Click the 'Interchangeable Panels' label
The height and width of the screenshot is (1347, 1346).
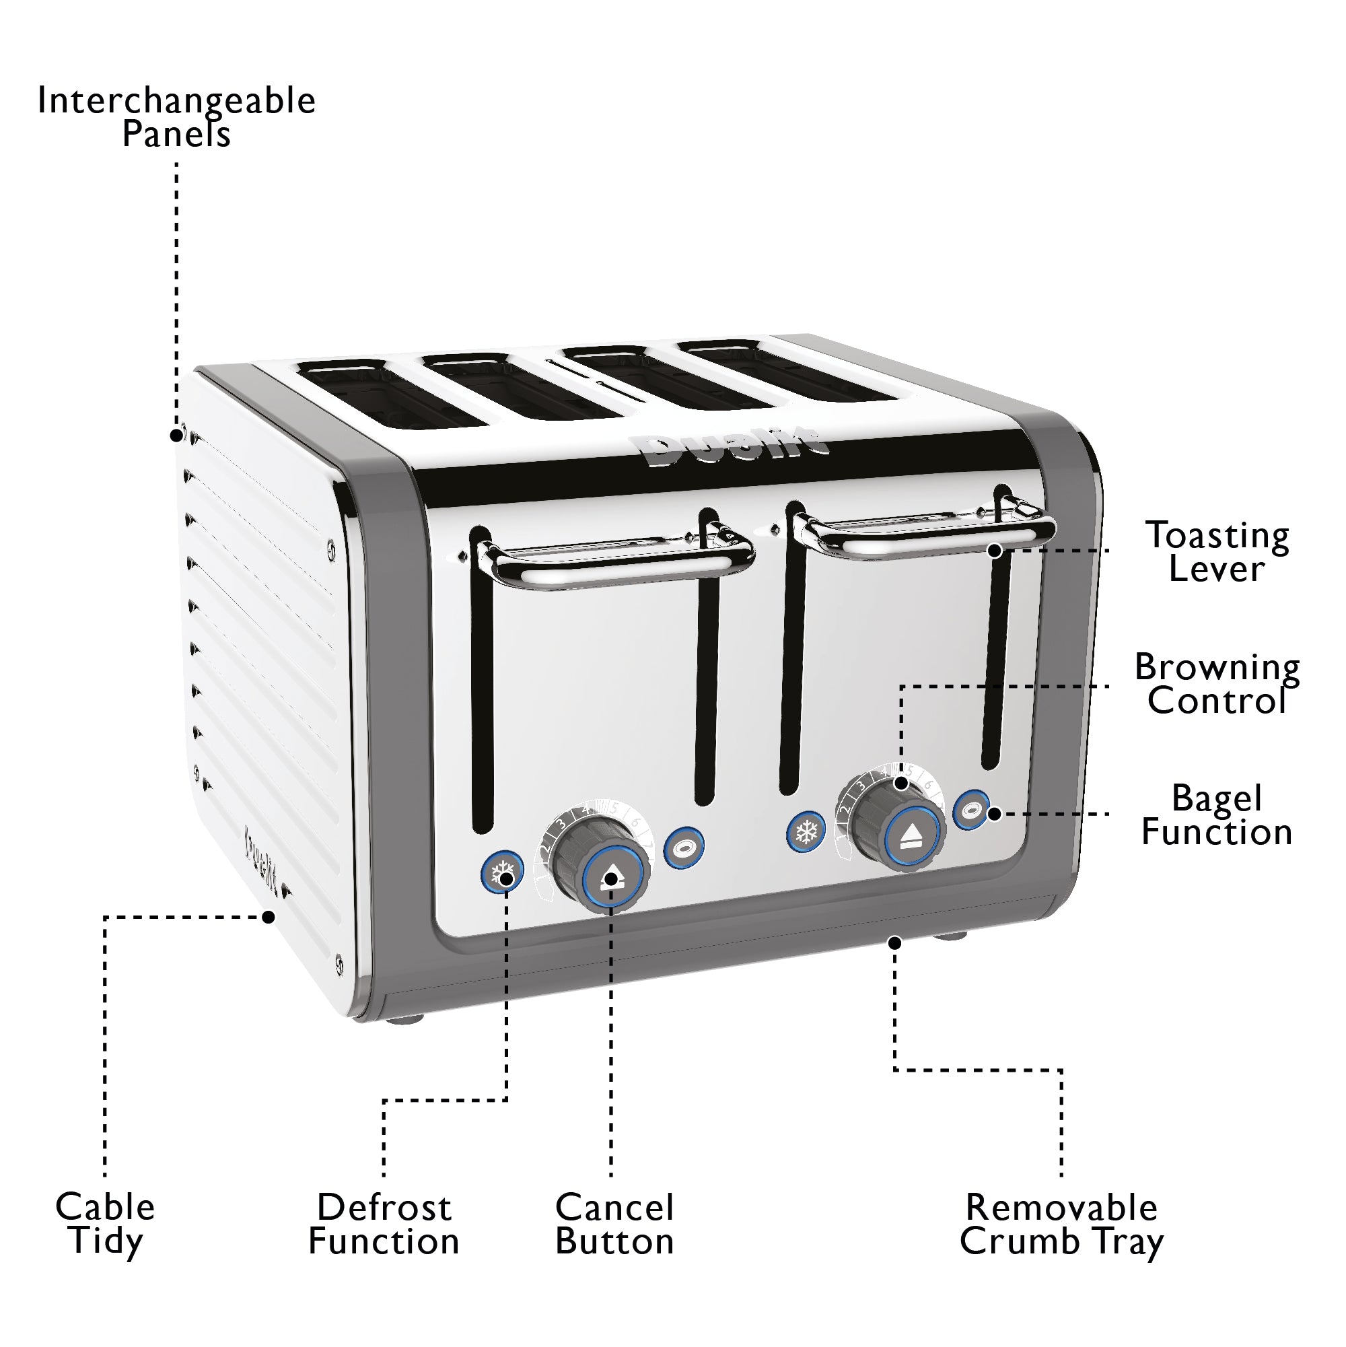tap(176, 117)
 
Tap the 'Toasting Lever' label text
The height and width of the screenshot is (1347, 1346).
tap(1217, 552)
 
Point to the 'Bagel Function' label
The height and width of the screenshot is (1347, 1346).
tap(1217, 815)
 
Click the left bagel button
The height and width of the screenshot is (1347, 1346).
tap(683, 848)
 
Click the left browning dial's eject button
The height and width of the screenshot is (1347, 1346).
tap(611, 878)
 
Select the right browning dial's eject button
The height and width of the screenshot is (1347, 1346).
tap(913, 835)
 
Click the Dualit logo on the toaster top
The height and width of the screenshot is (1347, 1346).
tap(736, 448)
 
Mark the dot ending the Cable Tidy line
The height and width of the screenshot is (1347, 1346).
tap(269, 917)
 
